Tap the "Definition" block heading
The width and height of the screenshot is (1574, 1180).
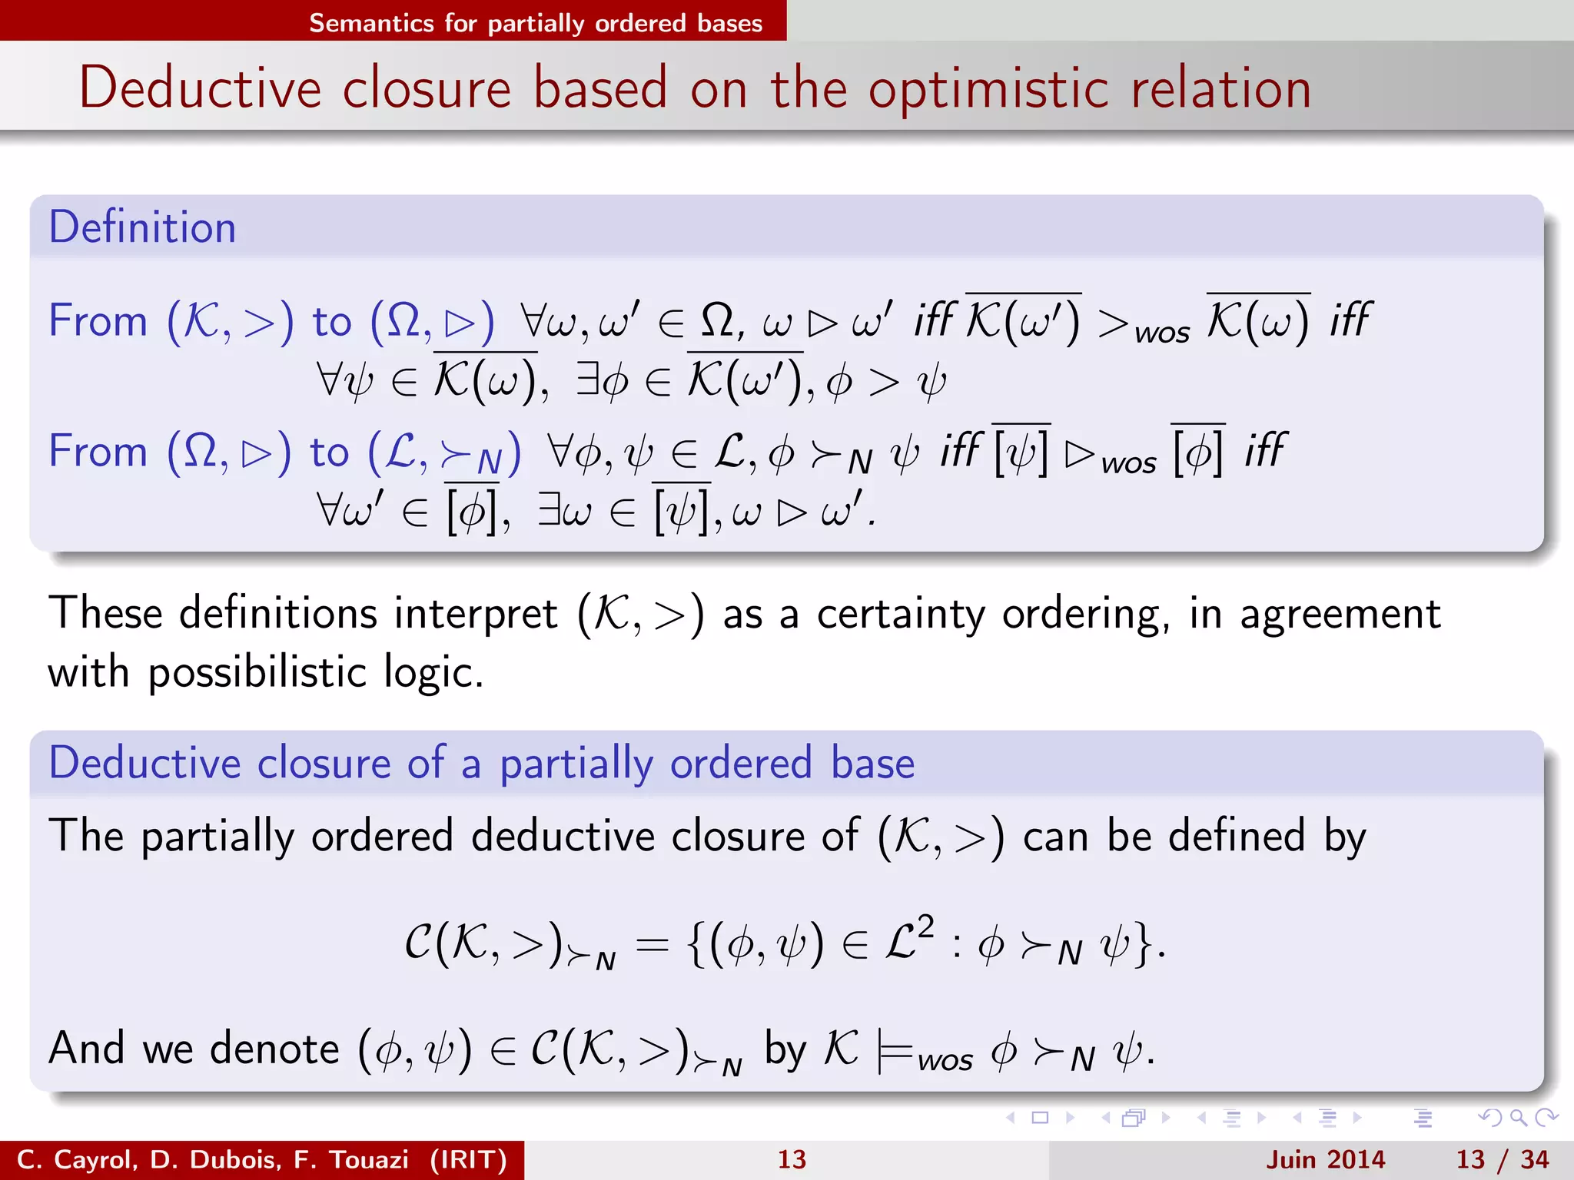click(x=142, y=227)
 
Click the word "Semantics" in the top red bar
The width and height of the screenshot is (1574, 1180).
click(x=371, y=23)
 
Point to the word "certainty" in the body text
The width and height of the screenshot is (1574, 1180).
click(x=900, y=615)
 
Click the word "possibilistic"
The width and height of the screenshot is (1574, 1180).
click(x=257, y=673)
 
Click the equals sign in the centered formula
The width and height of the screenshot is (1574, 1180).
click(x=653, y=946)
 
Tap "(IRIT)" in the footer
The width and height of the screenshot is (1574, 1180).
click(x=469, y=1159)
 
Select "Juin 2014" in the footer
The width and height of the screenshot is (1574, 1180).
click(x=1325, y=1159)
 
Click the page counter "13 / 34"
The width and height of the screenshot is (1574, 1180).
click(x=1502, y=1159)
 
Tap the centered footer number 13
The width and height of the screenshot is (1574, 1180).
click(x=792, y=1159)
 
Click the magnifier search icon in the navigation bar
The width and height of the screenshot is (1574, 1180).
click(x=1518, y=1118)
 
